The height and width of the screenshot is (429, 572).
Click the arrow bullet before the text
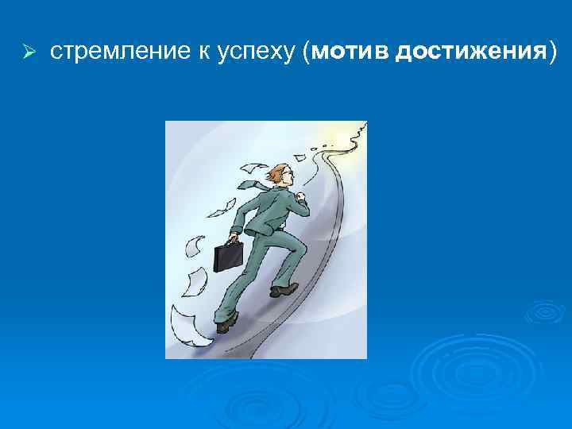point(26,53)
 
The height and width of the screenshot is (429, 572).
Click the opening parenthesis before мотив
point(307,53)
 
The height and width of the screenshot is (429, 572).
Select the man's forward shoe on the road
point(284,290)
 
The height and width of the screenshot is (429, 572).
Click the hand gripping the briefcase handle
point(234,238)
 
